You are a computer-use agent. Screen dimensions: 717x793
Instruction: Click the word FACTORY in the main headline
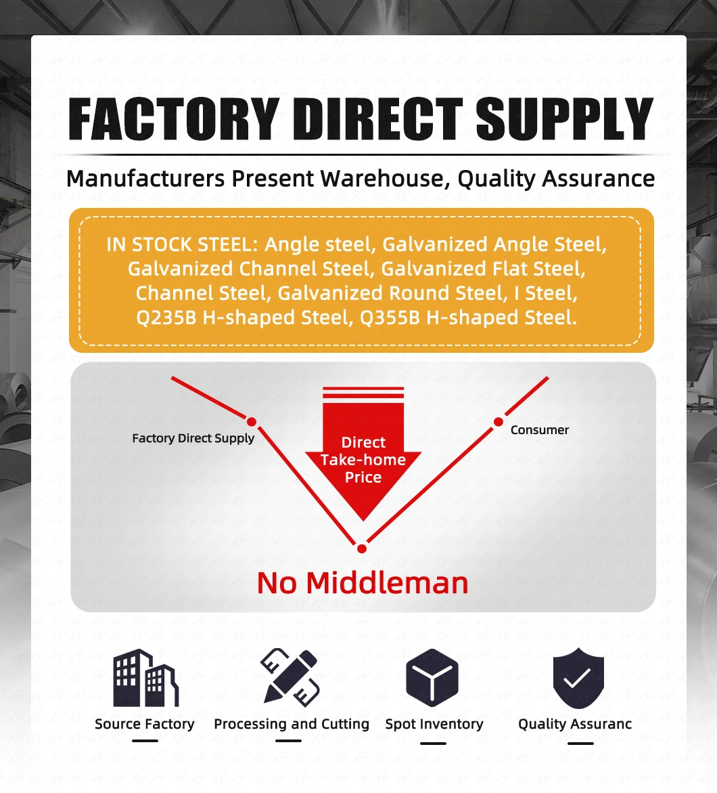174,120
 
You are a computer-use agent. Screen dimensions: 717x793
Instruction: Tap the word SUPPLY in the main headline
564,120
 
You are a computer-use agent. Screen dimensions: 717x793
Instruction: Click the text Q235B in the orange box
166,318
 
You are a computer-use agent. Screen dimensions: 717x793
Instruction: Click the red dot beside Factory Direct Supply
252,422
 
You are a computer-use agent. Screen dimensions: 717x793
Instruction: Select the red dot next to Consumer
499,422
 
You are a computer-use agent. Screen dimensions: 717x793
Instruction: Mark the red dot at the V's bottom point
362,549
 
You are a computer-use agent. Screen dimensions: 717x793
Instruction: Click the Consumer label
539,430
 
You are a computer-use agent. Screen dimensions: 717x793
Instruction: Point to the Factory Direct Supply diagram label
193,438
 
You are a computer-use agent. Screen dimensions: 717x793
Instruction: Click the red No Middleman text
363,583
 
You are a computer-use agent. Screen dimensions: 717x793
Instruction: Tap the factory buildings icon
145,679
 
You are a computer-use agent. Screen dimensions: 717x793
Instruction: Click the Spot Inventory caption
434,724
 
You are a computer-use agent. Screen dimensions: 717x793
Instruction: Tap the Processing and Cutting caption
292,724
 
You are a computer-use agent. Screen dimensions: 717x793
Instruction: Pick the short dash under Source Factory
145,740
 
